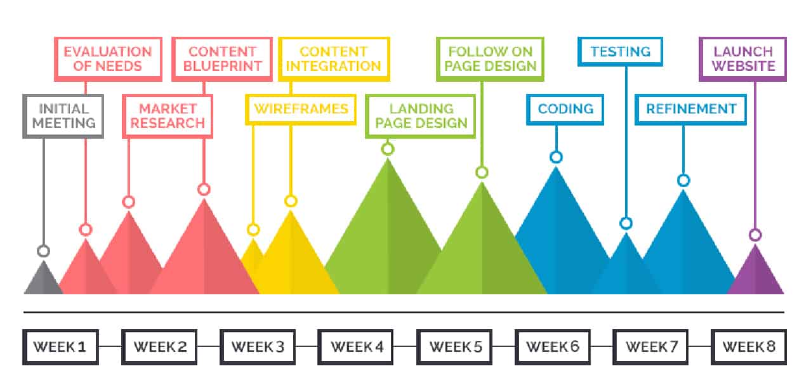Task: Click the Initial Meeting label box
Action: (63, 115)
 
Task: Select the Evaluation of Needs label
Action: (108, 59)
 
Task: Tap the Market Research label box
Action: (168, 115)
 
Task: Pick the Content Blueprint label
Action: (221, 59)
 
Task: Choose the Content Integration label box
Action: (334, 59)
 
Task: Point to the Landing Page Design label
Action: (420, 116)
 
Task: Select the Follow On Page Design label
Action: (490, 59)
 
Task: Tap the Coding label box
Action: (565, 109)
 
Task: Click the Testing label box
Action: (620, 52)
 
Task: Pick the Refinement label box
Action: (690, 109)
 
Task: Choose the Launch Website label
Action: (742, 59)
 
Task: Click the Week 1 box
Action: (60, 347)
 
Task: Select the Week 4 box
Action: (356, 347)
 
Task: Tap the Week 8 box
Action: (749, 347)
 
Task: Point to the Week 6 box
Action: (553, 347)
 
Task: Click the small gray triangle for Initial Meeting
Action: (43, 280)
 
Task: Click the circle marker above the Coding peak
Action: (557, 157)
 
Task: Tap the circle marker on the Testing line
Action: (626, 223)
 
